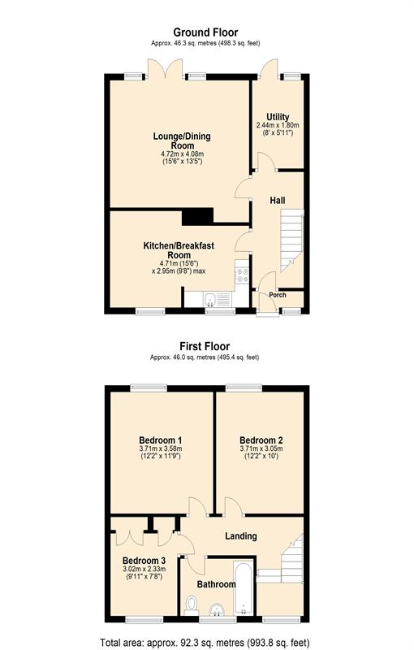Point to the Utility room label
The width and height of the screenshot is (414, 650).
click(278, 117)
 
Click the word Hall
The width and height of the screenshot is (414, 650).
click(278, 200)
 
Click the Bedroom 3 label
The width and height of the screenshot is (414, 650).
click(144, 561)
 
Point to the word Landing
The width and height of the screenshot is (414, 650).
click(241, 535)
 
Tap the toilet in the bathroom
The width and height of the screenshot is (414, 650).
click(192, 604)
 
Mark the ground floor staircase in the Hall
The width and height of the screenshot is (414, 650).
click(290, 240)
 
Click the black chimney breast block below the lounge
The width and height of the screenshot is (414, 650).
click(197, 215)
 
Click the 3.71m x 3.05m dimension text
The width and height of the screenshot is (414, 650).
click(262, 449)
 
